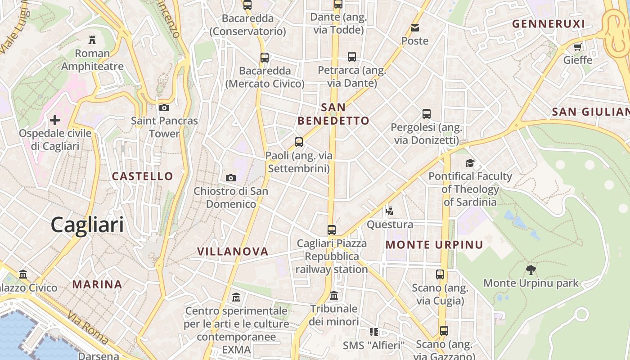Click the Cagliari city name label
click(87, 225)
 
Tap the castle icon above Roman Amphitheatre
click(92, 40)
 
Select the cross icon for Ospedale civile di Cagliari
click(55, 120)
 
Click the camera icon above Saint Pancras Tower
click(164, 108)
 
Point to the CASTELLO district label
click(142, 176)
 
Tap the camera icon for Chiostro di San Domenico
click(231, 178)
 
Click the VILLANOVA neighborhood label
click(233, 252)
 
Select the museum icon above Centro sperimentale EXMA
click(236, 297)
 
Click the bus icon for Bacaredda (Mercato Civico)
click(265, 58)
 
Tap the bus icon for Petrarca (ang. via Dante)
click(352, 57)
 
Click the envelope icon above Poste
click(415, 28)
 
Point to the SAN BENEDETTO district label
click(333, 114)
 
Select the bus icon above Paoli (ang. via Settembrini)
click(299, 142)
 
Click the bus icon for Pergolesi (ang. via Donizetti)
click(427, 114)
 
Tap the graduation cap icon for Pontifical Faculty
click(470, 163)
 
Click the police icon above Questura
click(390, 211)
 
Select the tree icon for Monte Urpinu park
click(531, 270)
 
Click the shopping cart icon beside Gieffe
click(578, 47)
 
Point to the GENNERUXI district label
click(549, 24)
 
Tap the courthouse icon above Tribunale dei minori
click(334, 296)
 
